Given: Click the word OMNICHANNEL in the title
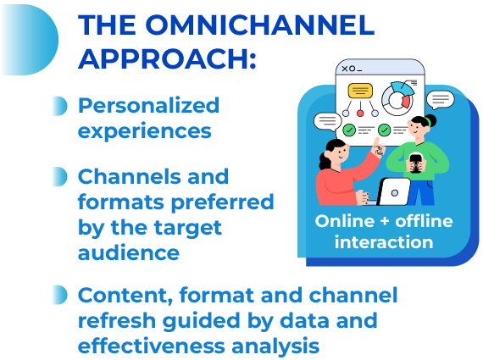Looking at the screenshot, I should [x=253, y=25].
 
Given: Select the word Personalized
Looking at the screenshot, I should [x=148, y=106].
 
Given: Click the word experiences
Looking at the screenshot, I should [x=145, y=131].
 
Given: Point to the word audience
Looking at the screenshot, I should [x=128, y=253].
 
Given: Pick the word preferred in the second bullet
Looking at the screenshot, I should [x=224, y=202].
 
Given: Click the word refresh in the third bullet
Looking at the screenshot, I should [x=114, y=322].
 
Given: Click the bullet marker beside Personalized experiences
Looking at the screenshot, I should [x=58, y=106].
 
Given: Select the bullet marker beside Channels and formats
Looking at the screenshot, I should [x=58, y=177].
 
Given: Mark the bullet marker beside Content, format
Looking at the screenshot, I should [x=58, y=295].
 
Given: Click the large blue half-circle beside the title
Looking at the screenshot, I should [x=25, y=38].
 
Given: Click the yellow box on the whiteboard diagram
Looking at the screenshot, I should [x=360, y=91].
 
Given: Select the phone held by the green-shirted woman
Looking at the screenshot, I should [x=416, y=161].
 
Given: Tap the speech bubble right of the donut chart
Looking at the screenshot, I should [x=440, y=100].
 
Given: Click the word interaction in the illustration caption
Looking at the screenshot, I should [x=383, y=243].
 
